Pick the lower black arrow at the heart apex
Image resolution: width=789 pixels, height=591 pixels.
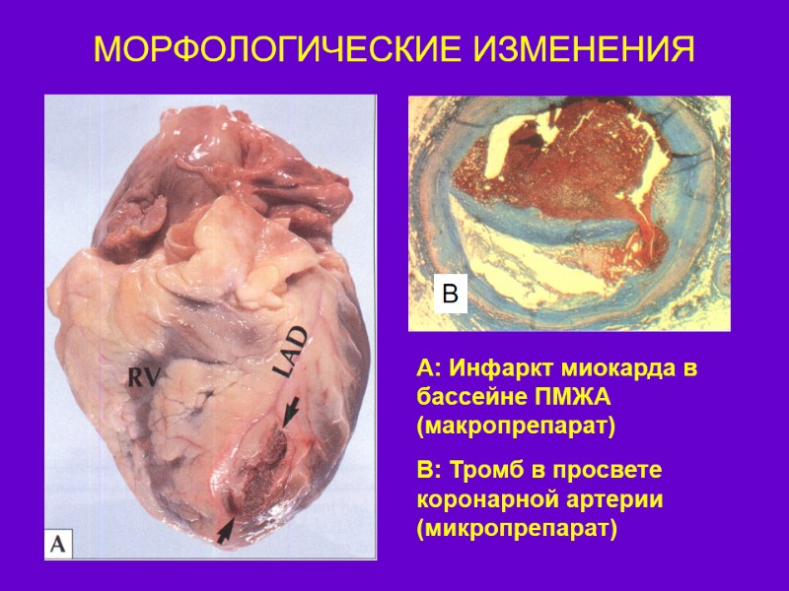[x=225, y=530]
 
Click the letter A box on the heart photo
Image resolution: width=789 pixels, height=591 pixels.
[x=58, y=543]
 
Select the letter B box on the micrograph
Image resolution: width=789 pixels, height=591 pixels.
[x=450, y=294]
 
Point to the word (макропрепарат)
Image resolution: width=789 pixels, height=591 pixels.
[x=516, y=427]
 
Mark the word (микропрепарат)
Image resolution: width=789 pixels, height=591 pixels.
[x=516, y=529]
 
